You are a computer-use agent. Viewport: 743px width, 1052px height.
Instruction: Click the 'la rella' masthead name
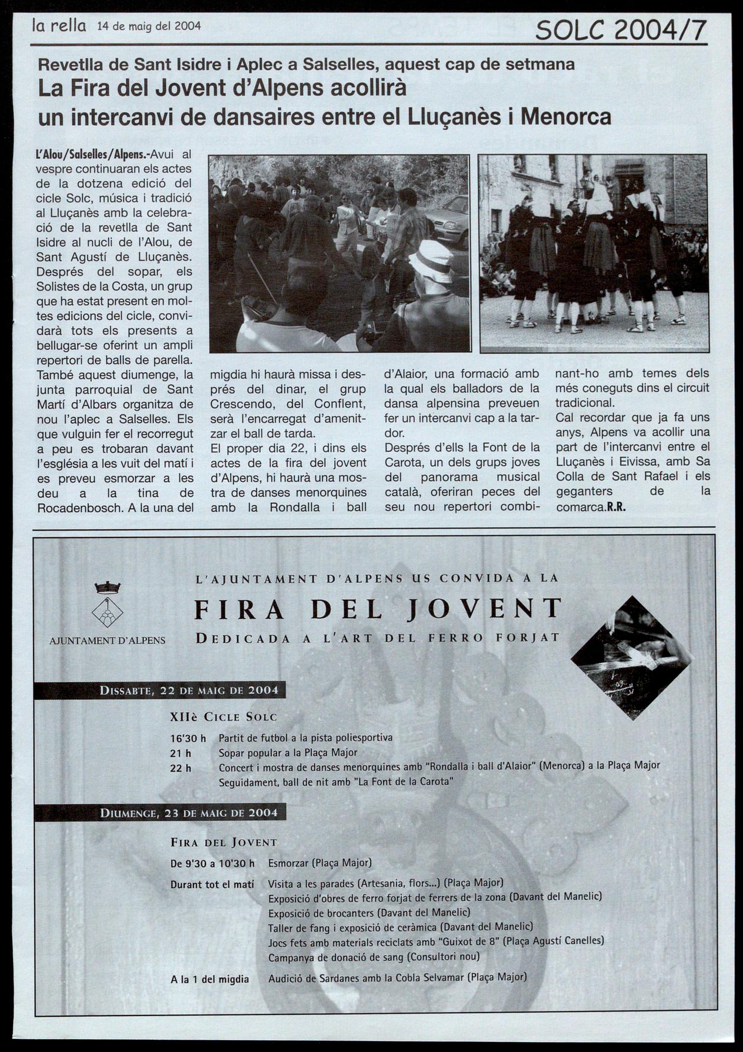[59, 26]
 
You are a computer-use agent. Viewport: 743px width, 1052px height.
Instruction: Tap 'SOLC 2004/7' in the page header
[620, 29]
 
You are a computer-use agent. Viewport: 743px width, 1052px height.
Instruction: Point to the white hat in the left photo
[431, 258]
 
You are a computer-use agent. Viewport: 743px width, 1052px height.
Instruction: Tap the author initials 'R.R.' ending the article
[615, 507]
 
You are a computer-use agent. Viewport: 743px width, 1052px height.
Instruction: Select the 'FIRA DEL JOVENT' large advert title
[378, 609]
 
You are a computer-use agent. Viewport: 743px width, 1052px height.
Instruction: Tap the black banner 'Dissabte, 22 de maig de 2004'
[160, 690]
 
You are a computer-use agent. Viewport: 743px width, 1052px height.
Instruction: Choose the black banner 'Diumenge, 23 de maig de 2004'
[160, 813]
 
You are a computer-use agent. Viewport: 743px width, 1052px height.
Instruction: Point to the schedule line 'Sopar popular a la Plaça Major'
[288, 752]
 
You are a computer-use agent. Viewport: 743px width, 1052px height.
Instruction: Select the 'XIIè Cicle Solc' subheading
[223, 717]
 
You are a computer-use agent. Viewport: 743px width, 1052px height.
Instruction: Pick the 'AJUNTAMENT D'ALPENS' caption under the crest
[107, 640]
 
